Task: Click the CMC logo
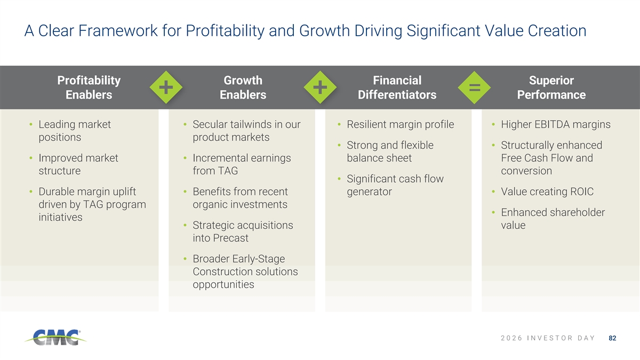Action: pos(55,338)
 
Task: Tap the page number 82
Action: pos(612,338)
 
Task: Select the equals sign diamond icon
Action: pos(474,87)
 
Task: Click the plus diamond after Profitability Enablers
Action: pos(166,87)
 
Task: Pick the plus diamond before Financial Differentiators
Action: pos(320,87)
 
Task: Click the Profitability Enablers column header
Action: pos(89,87)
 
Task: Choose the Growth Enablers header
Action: pos(243,87)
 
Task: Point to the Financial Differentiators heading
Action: pos(397,87)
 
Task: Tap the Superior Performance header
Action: pos(551,87)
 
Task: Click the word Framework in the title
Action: pos(118,30)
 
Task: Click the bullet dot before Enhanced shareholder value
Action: pos(493,212)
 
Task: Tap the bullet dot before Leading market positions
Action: pos(31,124)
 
